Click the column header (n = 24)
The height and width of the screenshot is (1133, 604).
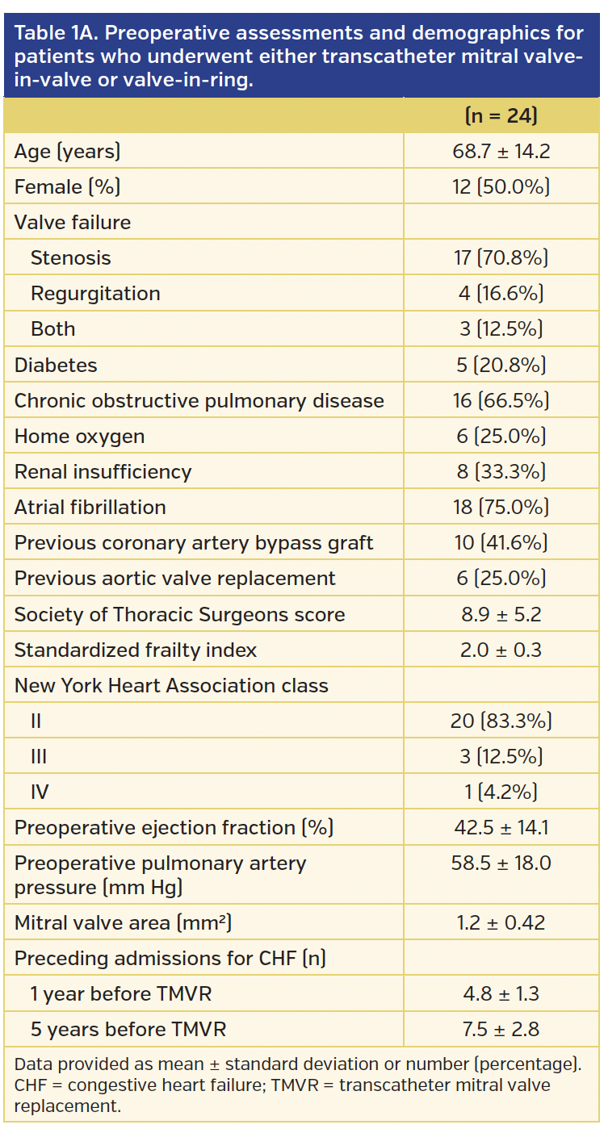click(501, 116)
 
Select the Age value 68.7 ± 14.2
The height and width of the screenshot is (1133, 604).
click(501, 151)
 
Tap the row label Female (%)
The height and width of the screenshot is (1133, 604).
click(67, 186)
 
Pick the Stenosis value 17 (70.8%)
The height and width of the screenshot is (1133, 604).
click(501, 258)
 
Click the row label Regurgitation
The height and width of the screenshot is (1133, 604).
click(95, 294)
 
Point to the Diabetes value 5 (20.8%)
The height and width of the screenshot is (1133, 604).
click(501, 365)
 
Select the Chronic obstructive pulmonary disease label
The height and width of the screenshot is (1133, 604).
click(199, 400)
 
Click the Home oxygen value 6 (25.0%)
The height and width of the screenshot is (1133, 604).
click(501, 436)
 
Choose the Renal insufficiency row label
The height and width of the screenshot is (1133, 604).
click(103, 471)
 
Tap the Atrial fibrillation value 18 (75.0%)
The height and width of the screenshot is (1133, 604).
click(501, 507)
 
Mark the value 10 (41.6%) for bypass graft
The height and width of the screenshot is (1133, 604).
click(501, 542)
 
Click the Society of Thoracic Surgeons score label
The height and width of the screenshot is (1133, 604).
click(179, 614)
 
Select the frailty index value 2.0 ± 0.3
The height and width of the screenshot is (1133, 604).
click(501, 650)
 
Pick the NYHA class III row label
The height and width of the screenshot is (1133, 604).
click(39, 756)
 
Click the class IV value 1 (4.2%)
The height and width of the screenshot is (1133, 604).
click(501, 792)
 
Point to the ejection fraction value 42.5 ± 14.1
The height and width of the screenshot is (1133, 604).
click(501, 827)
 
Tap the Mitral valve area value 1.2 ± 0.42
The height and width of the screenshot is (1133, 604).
click(501, 922)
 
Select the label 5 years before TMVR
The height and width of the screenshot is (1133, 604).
click(128, 1029)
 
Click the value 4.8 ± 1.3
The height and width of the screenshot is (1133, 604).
click(501, 993)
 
